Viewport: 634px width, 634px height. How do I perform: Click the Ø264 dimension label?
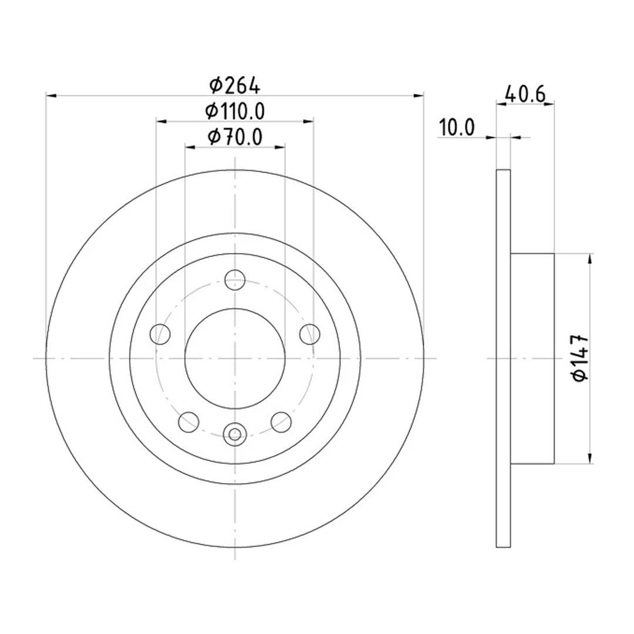[x=235, y=86]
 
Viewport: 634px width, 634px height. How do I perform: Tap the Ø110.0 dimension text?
[x=235, y=110]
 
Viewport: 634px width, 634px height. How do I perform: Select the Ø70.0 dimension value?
[x=235, y=137]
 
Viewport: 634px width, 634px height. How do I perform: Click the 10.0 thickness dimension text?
[x=457, y=127]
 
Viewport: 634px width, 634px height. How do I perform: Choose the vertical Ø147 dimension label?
[x=581, y=358]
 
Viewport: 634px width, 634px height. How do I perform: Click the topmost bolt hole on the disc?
[x=235, y=280]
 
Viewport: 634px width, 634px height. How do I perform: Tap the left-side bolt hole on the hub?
[x=160, y=334]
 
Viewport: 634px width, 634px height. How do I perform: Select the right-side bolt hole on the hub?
[x=309, y=334]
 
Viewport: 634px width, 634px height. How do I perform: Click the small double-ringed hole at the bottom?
[x=235, y=434]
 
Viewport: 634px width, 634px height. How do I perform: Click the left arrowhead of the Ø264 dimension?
[x=50, y=95]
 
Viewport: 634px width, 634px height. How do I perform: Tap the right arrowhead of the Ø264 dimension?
[x=419, y=95]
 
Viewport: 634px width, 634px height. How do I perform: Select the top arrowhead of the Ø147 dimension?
[x=589, y=258]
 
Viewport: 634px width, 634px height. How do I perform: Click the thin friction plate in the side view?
[x=503, y=358]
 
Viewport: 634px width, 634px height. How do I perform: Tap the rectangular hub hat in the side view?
[x=532, y=358]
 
